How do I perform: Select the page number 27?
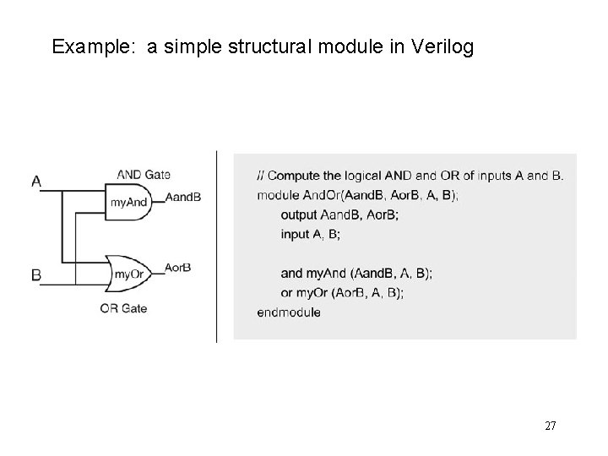[x=550, y=426]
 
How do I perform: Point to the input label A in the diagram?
[x=37, y=180]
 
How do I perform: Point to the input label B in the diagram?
[x=36, y=275]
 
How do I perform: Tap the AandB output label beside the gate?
[x=184, y=197]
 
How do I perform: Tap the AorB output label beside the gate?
[x=178, y=267]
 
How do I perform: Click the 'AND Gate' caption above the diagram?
[x=144, y=175]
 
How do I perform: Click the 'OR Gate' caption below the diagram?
[x=123, y=308]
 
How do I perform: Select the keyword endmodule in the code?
[x=289, y=312]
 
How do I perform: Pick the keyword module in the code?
[x=276, y=196]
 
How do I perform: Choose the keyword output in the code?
[x=299, y=214]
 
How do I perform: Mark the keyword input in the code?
[x=295, y=234]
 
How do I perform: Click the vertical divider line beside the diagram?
[x=217, y=245]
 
